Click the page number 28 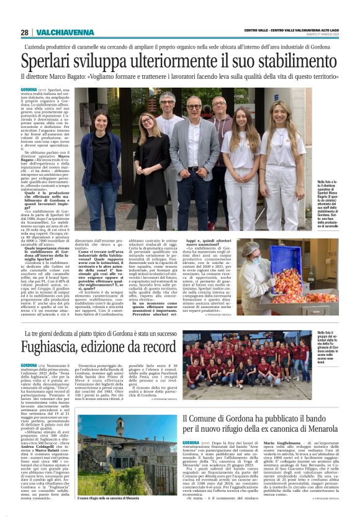(24, 32)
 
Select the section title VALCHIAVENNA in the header (58, 32)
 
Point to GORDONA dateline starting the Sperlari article (29, 90)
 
